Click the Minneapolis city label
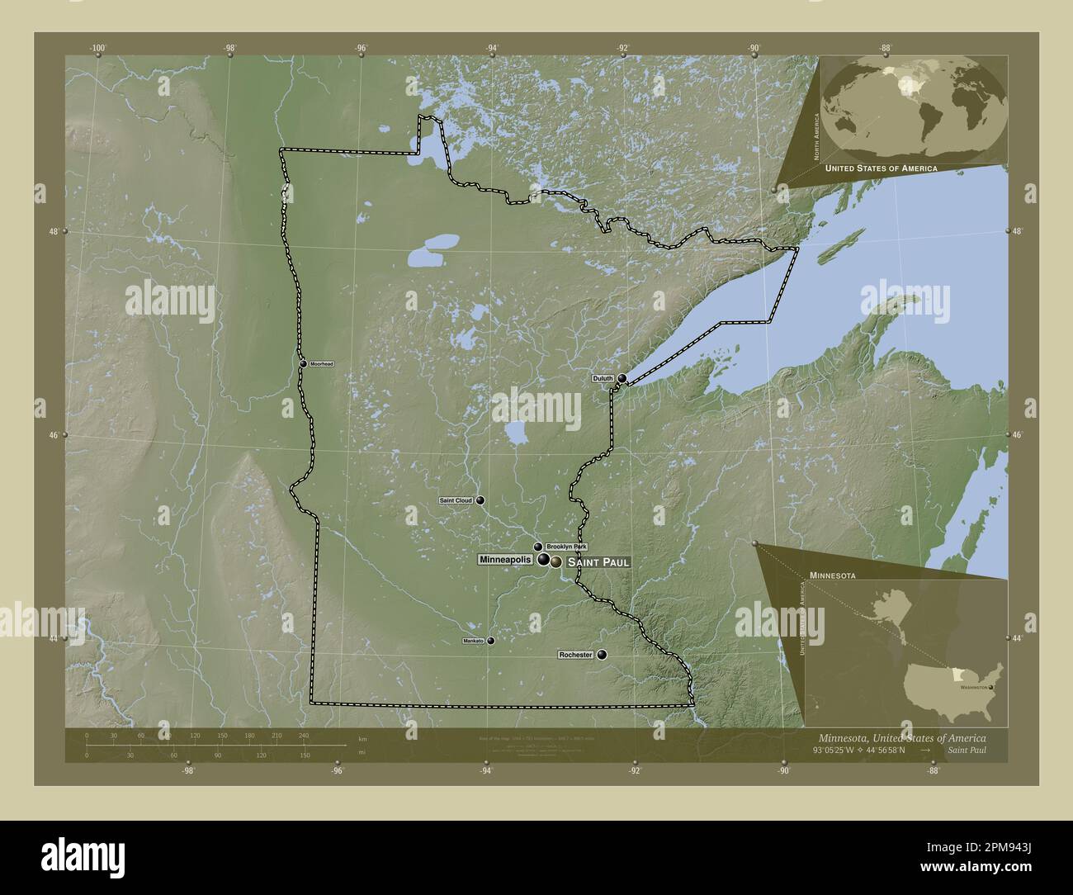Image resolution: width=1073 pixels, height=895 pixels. pos(505,560)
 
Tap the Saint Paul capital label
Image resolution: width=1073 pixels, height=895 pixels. pos(598,562)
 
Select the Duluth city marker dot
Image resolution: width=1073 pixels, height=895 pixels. pos(622,379)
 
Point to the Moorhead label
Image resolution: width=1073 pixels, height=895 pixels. pos(321,364)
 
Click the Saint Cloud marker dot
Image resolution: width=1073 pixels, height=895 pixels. pos(480,500)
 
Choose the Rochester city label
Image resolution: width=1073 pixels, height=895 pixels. pos(575,655)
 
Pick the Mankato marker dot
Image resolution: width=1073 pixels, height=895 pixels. pos(491,641)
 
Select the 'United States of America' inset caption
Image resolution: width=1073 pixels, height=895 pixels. pos(881,168)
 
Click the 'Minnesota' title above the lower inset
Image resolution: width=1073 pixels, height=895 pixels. pos(832,573)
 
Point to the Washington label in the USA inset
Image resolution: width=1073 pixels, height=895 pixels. pos(974,687)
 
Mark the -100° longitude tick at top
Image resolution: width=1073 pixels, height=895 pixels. pos(98,49)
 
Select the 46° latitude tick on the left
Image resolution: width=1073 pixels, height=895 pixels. pos(54,434)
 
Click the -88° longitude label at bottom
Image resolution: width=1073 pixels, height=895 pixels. pos(933,771)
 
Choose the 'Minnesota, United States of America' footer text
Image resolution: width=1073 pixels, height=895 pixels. pos(901,736)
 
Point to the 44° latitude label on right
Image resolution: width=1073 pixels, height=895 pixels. pos(1018,638)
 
